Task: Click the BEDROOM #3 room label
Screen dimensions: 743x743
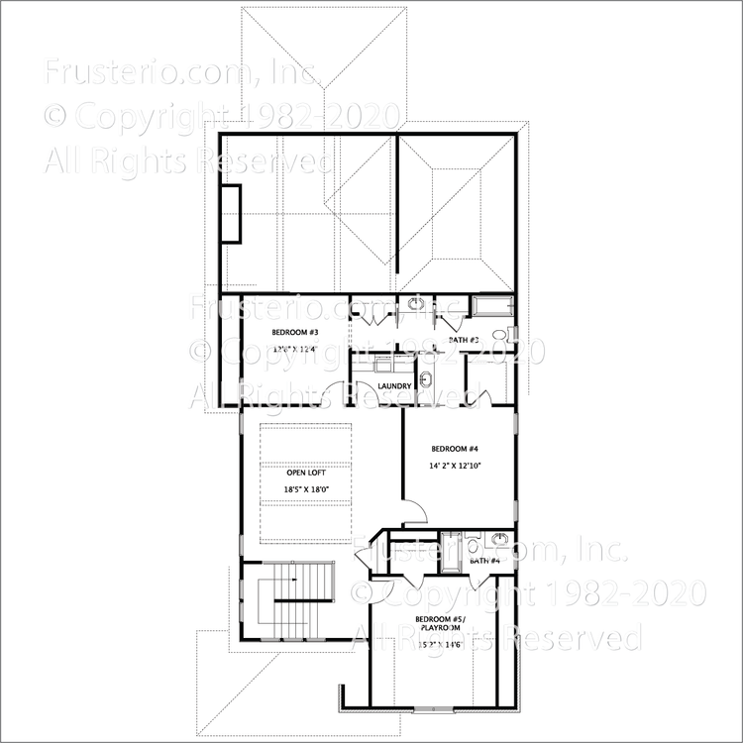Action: [x=293, y=332]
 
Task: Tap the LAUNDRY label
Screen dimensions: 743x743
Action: [x=394, y=385]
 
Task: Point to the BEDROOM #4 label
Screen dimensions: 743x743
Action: [x=455, y=447]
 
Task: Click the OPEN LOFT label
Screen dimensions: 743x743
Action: [x=299, y=474]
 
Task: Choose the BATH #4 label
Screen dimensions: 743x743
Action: [x=485, y=561]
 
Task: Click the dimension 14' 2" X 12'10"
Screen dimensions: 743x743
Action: [x=455, y=466]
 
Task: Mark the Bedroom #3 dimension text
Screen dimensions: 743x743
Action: [x=293, y=348]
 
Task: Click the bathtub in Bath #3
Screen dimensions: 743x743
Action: [x=492, y=304]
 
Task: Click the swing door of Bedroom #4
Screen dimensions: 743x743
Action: [x=413, y=511]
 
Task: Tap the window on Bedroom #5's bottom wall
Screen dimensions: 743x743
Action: [x=430, y=709]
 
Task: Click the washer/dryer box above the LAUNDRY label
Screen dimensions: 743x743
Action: [x=381, y=363]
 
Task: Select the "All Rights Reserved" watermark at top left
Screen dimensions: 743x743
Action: [x=188, y=159]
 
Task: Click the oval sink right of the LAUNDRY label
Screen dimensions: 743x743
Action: [x=426, y=379]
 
